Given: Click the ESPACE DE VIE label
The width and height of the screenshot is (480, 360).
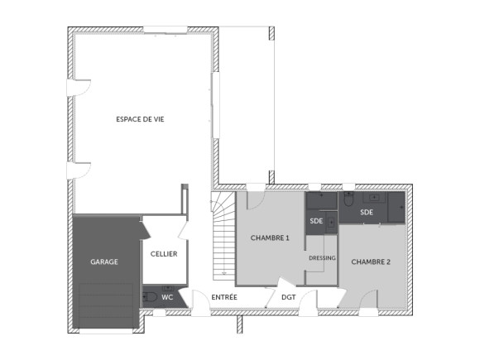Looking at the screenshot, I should coord(139,119).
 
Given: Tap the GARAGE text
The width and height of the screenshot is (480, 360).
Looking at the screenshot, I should coord(104,262).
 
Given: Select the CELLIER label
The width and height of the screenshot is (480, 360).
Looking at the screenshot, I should coord(163,254).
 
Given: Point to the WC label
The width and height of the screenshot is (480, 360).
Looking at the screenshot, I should coord(167,296).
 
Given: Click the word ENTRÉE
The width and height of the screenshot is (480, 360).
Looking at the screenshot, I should coord(224,296).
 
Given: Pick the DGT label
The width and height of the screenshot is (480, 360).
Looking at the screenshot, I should coord(288,296).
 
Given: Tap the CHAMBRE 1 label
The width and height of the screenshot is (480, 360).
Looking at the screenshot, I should coord(270,238).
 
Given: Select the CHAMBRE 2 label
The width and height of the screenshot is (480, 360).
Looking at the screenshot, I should coord(371,262).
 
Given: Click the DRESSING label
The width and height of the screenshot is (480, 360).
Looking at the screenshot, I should coord(322,258).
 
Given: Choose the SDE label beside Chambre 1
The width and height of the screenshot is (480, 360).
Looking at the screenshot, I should coord(316,221).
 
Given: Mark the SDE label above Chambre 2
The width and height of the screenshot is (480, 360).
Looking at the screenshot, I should coord(367,212).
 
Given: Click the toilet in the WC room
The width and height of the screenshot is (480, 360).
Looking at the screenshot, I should coord(150,296).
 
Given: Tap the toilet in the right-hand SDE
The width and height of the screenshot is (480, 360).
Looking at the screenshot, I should coord(349,199).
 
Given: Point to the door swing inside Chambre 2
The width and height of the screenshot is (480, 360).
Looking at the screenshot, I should coord(370,300).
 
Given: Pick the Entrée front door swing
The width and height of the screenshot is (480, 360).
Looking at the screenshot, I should coord(201,303).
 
